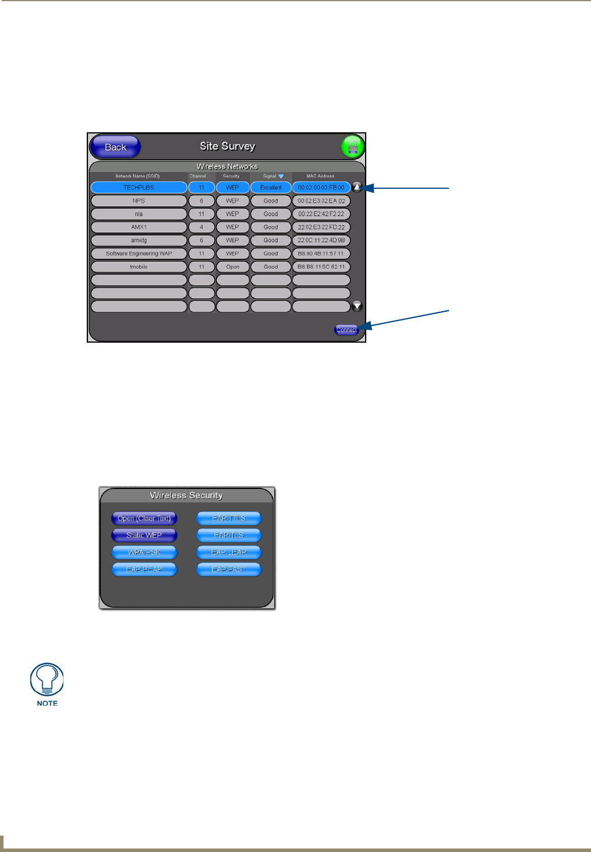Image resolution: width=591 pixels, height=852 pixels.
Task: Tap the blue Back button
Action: point(115,147)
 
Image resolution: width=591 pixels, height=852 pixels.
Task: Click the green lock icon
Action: point(352,147)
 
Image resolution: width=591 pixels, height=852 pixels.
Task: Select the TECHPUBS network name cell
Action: point(139,188)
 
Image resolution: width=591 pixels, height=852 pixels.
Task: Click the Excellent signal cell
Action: point(271,188)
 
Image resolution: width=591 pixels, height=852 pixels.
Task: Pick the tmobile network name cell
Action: point(139,267)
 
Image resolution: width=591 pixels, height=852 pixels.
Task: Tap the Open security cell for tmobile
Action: point(232,267)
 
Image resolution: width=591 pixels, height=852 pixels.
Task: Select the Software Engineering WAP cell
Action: point(139,254)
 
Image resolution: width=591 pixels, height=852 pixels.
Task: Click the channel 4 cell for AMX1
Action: point(201,227)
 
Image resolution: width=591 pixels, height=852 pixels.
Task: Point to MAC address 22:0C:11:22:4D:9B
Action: point(321,240)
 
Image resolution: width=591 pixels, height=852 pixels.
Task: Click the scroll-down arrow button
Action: point(357,306)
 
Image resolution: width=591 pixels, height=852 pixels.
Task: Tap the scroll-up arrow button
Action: point(357,187)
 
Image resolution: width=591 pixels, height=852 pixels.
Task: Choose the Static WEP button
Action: point(144,535)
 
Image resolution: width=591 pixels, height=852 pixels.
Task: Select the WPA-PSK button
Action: point(144,552)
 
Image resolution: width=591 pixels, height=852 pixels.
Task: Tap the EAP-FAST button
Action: point(229,569)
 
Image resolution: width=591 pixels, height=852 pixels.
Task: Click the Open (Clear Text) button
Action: point(144,518)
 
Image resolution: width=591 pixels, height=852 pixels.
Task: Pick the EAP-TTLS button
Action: point(229,518)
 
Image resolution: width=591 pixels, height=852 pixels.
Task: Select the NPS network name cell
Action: point(139,201)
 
